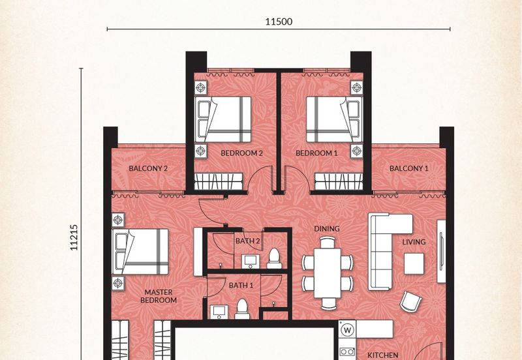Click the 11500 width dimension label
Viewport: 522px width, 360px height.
point(279,22)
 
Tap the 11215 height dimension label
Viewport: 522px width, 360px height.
point(74,237)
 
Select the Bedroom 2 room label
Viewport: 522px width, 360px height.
point(241,153)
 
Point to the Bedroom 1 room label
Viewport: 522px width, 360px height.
point(316,153)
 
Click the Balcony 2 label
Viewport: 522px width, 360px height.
point(148,168)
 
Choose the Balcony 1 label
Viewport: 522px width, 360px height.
point(409,168)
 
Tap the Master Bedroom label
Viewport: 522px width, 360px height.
point(159,296)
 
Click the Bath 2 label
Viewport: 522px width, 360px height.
point(248,241)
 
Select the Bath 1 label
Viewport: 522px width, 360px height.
point(241,286)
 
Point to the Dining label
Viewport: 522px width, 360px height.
point(327,229)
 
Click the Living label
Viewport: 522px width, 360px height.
point(414,242)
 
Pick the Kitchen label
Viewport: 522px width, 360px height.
point(383,355)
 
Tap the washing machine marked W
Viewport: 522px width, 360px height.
point(348,331)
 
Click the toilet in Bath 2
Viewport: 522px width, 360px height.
point(274,258)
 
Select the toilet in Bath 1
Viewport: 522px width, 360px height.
point(242,308)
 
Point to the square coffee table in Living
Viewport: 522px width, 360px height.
point(414,263)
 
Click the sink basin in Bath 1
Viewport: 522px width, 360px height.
point(219,312)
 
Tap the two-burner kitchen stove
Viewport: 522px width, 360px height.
point(347,352)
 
